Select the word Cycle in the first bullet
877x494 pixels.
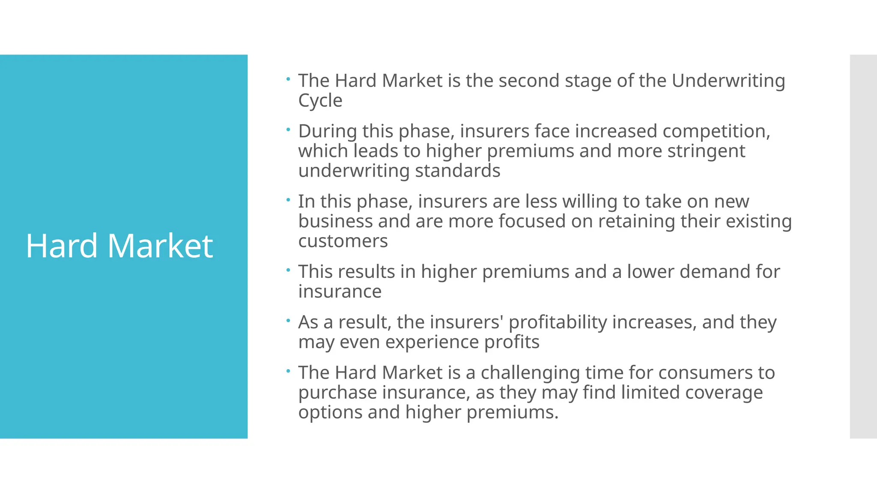pos(320,101)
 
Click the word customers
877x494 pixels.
pos(343,241)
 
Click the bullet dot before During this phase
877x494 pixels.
pos(289,129)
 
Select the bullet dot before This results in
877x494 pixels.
pos(289,270)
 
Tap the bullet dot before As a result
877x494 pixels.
pos(289,320)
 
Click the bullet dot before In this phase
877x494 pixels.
pos(289,199)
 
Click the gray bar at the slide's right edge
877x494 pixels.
pos(863,246)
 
